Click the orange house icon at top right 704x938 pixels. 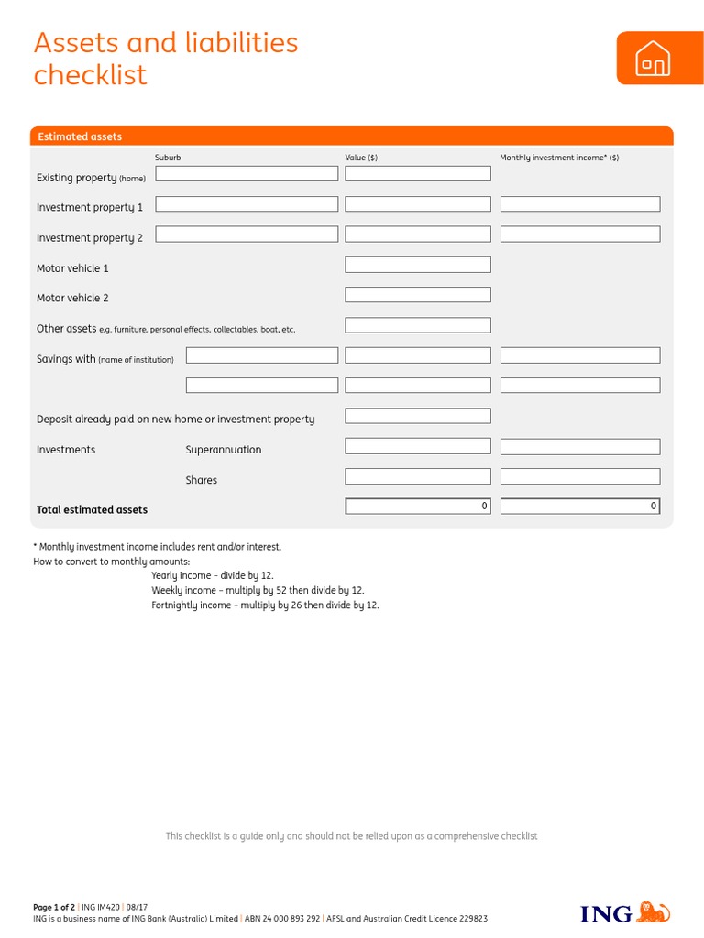click(653, 58)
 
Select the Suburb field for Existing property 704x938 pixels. click(247, 173)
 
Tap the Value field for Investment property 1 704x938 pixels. click(418, 203)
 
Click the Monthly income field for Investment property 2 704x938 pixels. click(579, 234)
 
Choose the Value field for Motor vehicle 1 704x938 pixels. click(418, 265)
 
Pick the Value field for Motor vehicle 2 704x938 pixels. click(418, 294)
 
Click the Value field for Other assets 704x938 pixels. click(418, 324)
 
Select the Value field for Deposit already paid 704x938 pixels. click(418, 416)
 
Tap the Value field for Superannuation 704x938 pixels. click(418, 446)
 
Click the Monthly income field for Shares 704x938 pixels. click(579, 476)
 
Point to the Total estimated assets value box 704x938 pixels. click(418, 507)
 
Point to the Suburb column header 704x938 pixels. click(168, 158)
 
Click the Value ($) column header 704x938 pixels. click(361, 158)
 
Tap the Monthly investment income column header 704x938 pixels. click(559, 158)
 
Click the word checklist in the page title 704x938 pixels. click(90, 75)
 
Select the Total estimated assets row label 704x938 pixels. click(92, 509)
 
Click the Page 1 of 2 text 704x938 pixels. click(54, 907)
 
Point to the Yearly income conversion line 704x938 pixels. click(213, 575)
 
